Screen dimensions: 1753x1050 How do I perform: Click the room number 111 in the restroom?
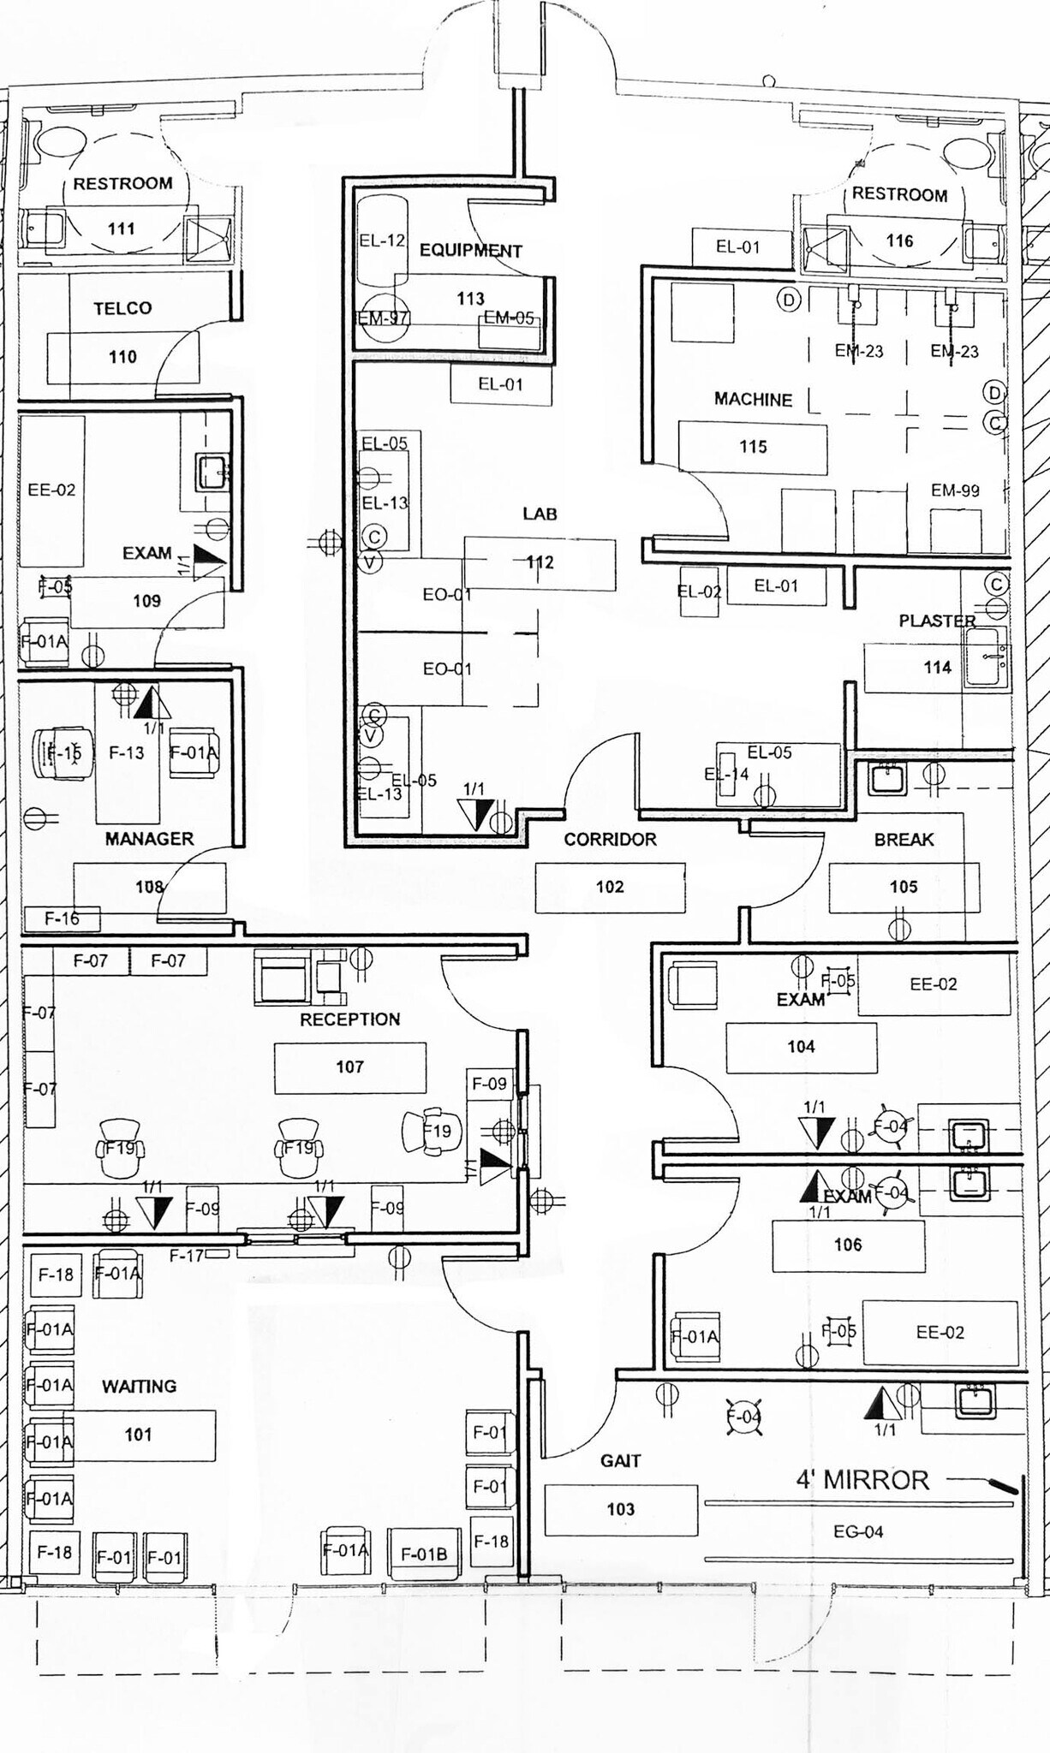121,229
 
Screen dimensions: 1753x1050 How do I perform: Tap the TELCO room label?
122,308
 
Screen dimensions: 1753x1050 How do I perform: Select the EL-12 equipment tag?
382,241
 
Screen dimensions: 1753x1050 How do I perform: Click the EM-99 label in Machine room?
955,490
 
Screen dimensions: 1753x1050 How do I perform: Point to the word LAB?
540,514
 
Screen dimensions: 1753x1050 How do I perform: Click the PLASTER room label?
937,621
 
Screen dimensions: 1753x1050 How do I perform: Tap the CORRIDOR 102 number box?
610,887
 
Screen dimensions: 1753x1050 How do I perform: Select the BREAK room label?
904,840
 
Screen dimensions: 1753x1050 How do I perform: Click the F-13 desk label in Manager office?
127,752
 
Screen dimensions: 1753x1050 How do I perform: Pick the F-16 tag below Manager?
63,918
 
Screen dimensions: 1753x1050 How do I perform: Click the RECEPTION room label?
349,1019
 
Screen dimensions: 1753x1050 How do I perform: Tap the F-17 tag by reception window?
187,1256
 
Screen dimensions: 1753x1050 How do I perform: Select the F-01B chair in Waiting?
424,1554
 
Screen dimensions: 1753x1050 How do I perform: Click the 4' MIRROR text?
862,1480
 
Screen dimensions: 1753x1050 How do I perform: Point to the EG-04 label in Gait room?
857,1531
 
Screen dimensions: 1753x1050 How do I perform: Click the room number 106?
848,1245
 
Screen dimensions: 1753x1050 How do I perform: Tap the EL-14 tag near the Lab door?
726,774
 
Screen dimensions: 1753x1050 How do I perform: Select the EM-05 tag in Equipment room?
509,318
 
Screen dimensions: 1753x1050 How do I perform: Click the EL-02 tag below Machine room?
699,591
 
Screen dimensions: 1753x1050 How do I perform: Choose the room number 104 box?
801,1047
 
